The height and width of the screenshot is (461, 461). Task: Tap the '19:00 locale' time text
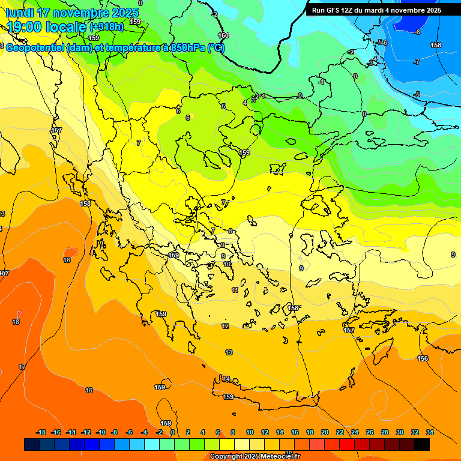point(46,27)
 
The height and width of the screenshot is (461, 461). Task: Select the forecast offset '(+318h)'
point(107,27)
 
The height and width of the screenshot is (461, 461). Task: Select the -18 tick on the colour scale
point(41,432)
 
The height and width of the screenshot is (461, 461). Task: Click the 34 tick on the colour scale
point(430,432)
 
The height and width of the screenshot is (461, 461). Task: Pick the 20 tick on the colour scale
point(325,432)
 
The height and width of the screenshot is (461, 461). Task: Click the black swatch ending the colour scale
point(422,444)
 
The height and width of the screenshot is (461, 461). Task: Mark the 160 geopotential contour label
point(223,36)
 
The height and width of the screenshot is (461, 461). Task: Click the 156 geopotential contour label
point(423,358)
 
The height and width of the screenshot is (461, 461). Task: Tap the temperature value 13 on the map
point(229,352)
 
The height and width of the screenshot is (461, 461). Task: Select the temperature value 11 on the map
point(235,290)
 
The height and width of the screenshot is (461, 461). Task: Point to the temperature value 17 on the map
point(22,367)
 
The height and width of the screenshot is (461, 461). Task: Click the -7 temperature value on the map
point(417,62)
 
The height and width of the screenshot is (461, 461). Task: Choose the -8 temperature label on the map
point(418,32)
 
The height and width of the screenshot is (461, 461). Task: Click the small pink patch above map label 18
point(19,314)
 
